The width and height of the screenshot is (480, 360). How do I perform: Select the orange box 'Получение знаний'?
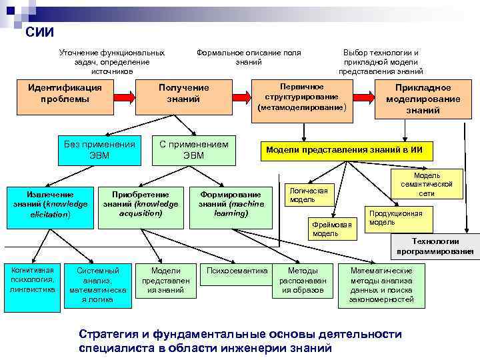(x=183, y=93)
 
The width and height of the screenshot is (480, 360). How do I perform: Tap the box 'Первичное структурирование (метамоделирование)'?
(x=302, y=97)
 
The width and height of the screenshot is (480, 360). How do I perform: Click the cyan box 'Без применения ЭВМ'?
(x=99, y=150)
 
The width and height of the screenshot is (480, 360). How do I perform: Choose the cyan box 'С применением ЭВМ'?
(x=194, y=150)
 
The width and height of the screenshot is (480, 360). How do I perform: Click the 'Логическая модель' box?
(x=311, y=195)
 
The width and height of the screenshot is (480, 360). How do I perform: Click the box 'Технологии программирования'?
(x=435, y=246)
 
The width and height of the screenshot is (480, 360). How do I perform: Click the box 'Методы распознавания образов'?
(x=303, y=281)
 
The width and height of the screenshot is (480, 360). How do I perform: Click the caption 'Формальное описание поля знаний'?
(x=248, y=57)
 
